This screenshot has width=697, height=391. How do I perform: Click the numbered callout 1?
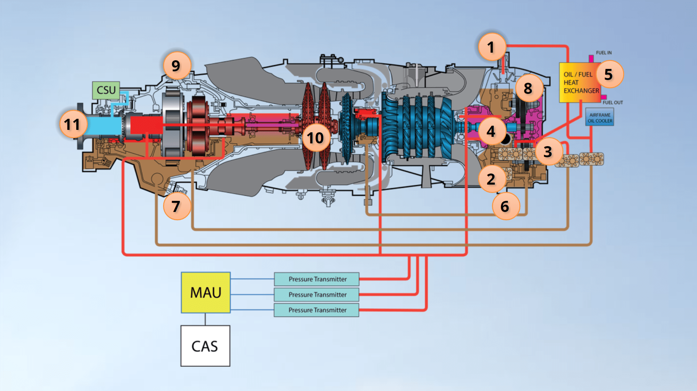pyautogui.click(x=491, y=47)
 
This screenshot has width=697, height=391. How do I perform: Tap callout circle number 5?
pyautogui.click(x=609, y=74)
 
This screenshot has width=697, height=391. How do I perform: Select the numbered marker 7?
pyautogui.click(x=177, y=206)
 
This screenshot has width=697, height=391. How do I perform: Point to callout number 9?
pyautogui.click(x=177, y=65)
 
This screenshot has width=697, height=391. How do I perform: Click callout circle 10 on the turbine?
pyautogui.click(x=315, y=138)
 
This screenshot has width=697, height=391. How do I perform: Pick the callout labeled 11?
pyautogui.click(x=73, y=124)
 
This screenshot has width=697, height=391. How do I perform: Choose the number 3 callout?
pyautogui.click(x=548, y=151)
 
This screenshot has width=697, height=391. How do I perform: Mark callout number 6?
pyautogui.click(x=505, y=206)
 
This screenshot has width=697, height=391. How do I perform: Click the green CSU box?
pyautogui.click(x=106, y=90)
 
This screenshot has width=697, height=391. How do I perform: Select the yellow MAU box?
pyautogui.click(x=206, y=293)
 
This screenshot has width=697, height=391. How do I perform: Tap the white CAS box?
pyautogui.click(x=205, y=346)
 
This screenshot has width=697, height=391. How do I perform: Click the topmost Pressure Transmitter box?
pyautogui.click(x=317, y=279)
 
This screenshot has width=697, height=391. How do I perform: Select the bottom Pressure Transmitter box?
pyautogui.click(x=317, y=310)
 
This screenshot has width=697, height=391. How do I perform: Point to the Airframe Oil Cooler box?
pyautogui.click(x=600, y=118)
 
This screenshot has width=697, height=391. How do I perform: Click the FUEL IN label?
pyautogui.click(x=604, y=53)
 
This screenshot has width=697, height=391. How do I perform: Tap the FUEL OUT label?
pyautogui.click(x=613, y=103)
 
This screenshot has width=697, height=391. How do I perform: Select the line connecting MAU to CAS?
pyautogui.click(x=205, y=319)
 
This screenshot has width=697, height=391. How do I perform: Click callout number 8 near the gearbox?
pyautogui.click(x=528, y=88)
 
